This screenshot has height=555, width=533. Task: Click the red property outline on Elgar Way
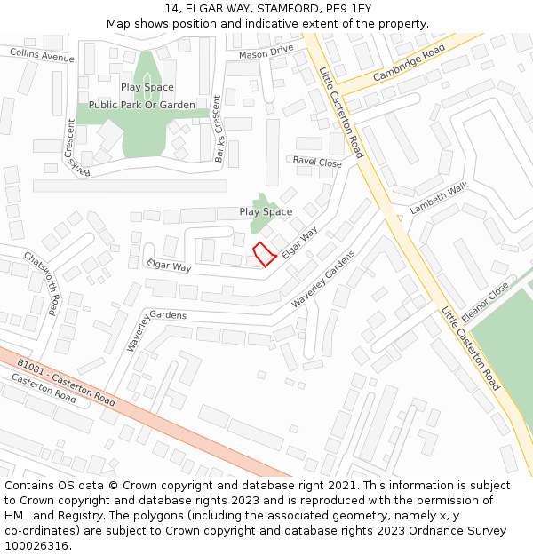264,254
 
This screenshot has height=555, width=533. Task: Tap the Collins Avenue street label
42,56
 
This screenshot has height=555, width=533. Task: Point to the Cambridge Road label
409,64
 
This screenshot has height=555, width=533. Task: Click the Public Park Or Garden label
142,105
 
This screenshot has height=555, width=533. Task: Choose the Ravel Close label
317,163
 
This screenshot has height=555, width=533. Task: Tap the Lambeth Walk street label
438,198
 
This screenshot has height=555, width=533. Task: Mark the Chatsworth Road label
43,282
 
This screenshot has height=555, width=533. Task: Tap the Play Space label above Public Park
147,87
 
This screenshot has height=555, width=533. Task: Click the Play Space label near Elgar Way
266,211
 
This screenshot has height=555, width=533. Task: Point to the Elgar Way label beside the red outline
299,242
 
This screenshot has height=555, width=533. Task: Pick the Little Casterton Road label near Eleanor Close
471,348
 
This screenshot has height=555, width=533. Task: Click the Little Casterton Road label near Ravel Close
341,115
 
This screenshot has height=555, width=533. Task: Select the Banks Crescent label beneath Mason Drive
219,138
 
